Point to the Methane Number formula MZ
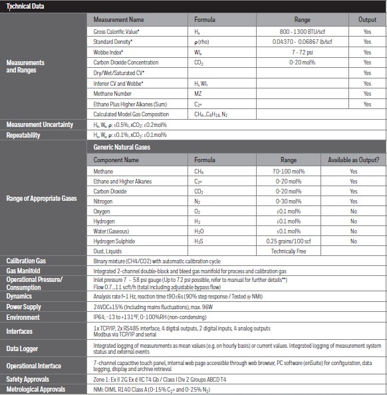pos(197,94)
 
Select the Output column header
pos(367,20)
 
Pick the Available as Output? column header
pos(353,160)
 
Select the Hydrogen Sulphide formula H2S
pos(198,241)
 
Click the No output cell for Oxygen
pos(353,211)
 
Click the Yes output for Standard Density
pos(367,42)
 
